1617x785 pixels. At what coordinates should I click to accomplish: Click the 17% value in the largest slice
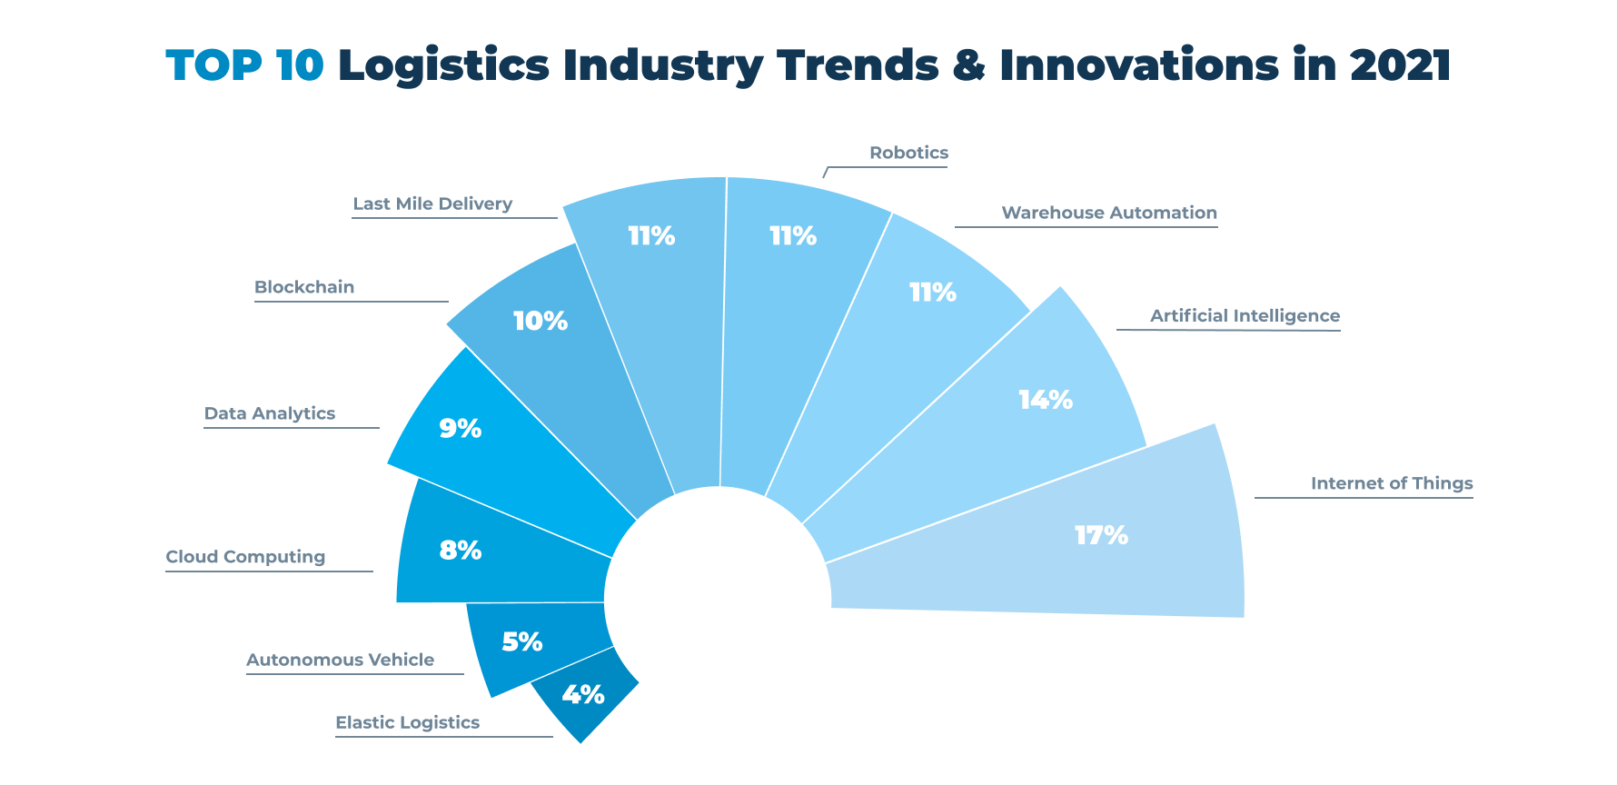pos(1101,535)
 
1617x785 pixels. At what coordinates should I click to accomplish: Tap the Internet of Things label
pos(1391,483)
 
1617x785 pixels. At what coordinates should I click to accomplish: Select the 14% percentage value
pos(1045,400)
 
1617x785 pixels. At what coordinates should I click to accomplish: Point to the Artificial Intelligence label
pos(1245,316)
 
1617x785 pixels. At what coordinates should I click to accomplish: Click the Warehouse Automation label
pos(1108,213)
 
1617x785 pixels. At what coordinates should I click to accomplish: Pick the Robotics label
pos(908,153)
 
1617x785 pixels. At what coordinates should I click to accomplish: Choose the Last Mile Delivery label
pos(432,204)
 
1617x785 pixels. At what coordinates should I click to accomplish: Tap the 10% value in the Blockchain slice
pos(540,321)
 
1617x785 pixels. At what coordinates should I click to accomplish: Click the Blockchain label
pos(304,287)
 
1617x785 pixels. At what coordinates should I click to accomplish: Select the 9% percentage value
pos(460,428)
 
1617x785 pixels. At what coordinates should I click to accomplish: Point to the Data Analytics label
pos(270,413)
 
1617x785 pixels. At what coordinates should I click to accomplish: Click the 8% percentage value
pos(460,550)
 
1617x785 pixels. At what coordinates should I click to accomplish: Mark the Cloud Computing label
pos(245,557)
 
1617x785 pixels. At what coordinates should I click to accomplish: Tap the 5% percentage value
pos(522,642)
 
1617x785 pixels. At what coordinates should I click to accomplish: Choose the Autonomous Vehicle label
pos(340,660)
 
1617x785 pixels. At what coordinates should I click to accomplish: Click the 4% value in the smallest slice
pos(582,695)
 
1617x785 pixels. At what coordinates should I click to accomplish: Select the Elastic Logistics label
pos(407,722)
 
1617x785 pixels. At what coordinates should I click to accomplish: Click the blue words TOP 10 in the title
pos(244,65)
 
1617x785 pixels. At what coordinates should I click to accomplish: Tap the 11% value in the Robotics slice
pos(792,236)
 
